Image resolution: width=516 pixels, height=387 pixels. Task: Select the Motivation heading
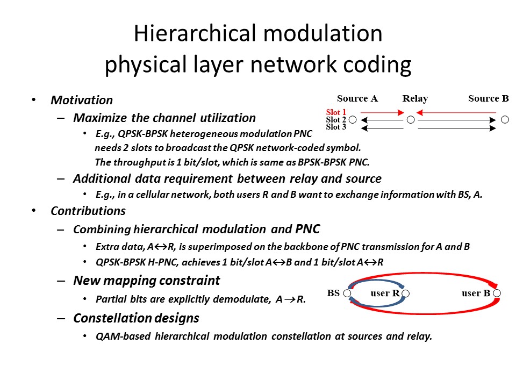[x=82, y=100]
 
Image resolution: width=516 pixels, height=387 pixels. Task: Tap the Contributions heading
[x=88, y=211]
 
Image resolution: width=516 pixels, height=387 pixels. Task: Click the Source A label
[x=357, y=98]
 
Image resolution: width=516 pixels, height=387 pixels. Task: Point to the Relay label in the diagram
[x=415, y=99]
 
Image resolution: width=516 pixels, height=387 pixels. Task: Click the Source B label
[x=489, y=98]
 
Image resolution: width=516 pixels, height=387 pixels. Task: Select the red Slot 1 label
[x=336, y=112]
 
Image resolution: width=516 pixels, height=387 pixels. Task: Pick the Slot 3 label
[x=336, y=127]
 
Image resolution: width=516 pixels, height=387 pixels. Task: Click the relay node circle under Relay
[x=411, y=120]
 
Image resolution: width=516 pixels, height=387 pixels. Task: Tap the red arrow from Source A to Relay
[x=382, y=112]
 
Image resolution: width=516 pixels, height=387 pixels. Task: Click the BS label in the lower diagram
[x=333, y=293]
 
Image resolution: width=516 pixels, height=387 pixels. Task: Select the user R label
[x=385, y=293]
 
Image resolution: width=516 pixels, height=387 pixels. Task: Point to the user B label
[x=476, y=293]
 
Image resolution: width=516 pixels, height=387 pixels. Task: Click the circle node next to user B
[x=497, y=293]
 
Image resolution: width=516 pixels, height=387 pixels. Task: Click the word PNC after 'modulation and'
[x=307, y=229]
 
